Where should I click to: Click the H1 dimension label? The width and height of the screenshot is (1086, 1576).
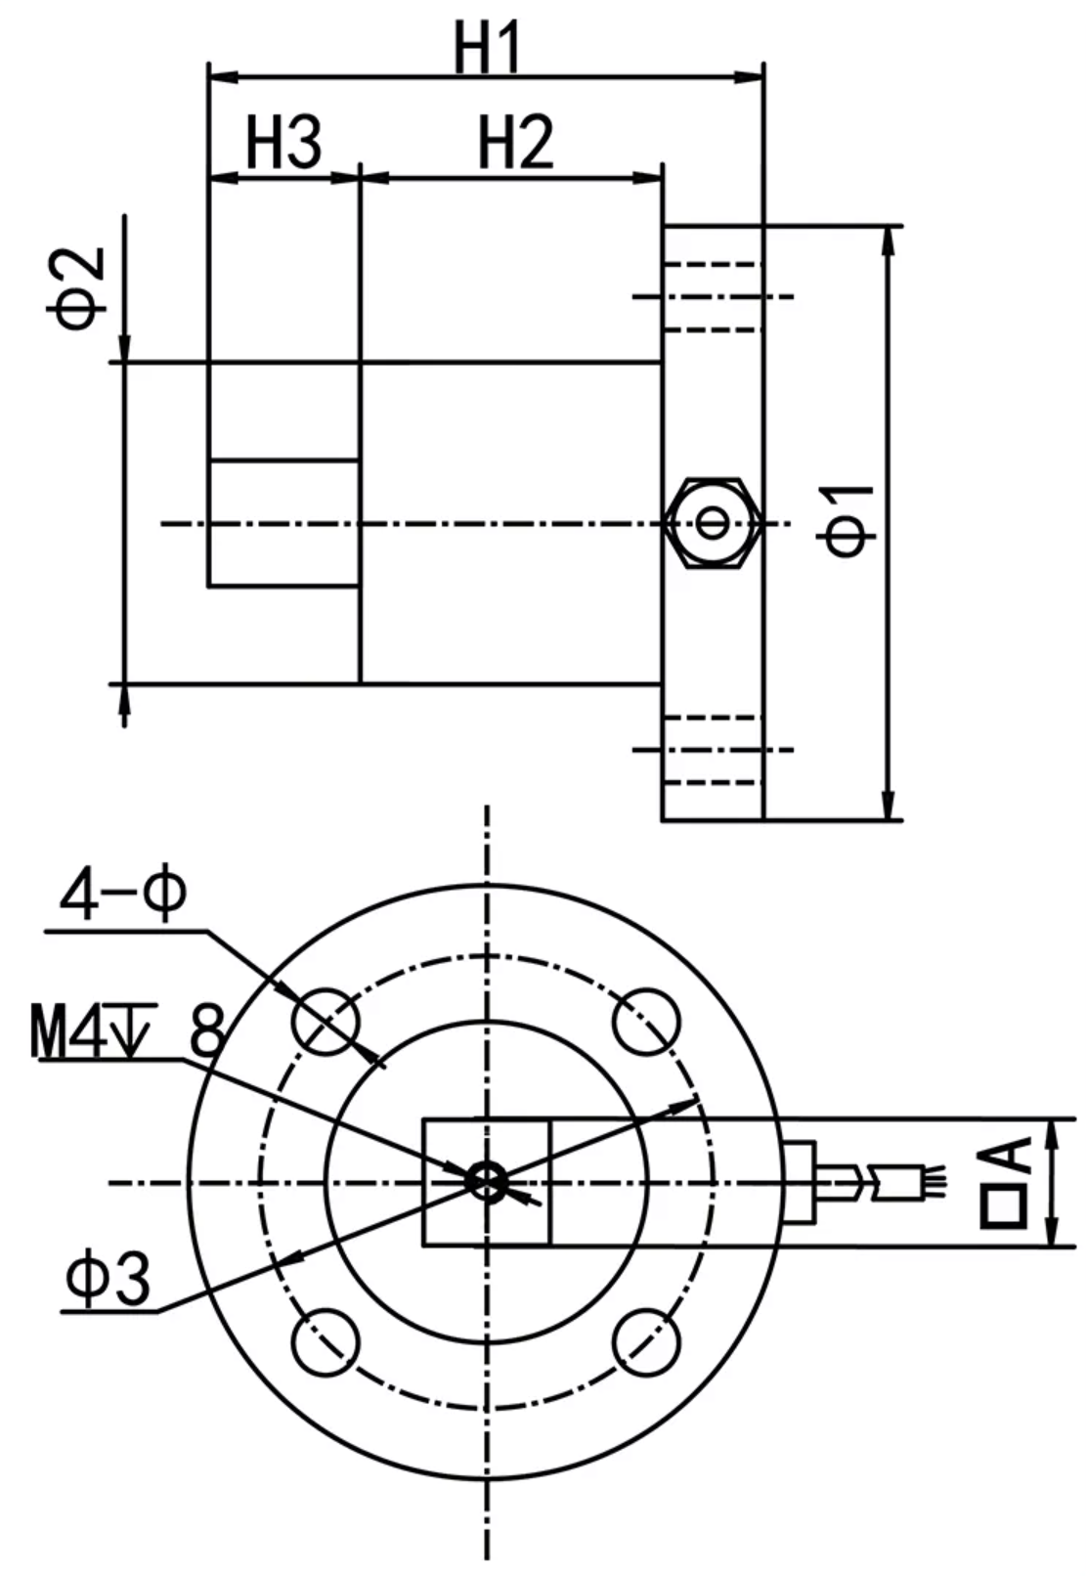[x=488, y=48]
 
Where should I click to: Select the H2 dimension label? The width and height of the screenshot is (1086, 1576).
[x=515, y=143]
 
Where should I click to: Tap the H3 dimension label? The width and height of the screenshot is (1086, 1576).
[x=282, y=143]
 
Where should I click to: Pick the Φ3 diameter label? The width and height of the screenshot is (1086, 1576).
[x=109, y=1281]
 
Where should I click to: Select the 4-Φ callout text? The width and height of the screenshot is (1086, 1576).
[x=122, y=896]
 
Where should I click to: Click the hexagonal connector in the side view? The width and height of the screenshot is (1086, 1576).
[x=713, y=522]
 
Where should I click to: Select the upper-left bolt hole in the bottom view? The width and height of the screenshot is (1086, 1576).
[x=326, y=1022]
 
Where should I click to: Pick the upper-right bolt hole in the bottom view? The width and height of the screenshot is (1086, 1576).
[x=646, y=1022]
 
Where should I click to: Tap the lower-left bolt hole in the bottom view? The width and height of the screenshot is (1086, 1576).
[x=326, y=1343]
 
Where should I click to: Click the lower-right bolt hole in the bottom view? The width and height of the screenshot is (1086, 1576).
[x=646, y=1343]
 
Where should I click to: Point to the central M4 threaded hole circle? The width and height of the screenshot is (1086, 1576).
[x=487, y=1181]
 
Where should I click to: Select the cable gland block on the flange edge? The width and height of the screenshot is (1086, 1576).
[x=801, y=1181]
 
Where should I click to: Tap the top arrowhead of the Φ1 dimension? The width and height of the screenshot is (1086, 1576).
[x=889, y=241]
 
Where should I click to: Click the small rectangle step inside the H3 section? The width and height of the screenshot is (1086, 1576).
[x=284, y=523]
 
